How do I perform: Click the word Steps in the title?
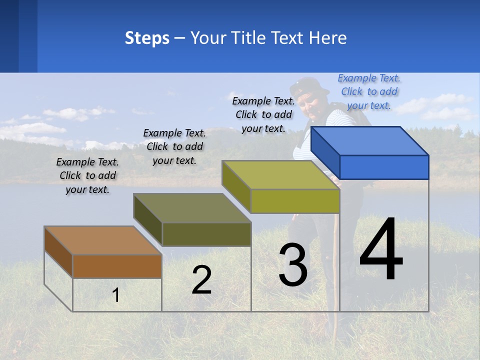point(147,38)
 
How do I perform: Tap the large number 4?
point(381,250)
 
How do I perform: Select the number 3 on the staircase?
point(293,265)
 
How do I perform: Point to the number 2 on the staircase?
point(201,280)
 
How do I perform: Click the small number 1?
point(116,295)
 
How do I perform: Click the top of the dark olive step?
point(192,208)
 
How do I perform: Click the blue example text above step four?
point(369,91)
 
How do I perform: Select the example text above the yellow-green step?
point(263,114)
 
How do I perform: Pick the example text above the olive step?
point(174,146)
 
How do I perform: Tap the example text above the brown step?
point(87,175)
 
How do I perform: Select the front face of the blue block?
point(384,167)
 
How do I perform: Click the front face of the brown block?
point(117,266)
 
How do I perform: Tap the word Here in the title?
point(328,38)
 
